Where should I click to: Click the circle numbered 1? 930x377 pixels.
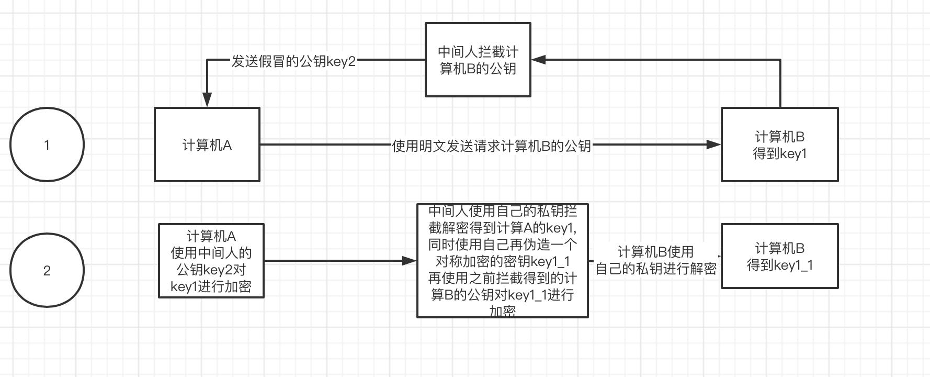pyautogui.click(x=47, y=145)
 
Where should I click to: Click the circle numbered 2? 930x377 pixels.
pyautogui.click(x=47, y=270)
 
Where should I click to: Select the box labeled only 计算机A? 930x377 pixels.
pyautogui.click(x=207, y=145)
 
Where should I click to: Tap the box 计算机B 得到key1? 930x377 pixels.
pyautogui.click(x=779, y=145)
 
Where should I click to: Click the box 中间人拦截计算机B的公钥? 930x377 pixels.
pyautogui.click(x=478, y=60)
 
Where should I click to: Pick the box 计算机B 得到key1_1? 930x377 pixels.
pyautogui.click(x=779, y=256)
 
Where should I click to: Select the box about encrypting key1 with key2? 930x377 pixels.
pyautogui.click(x=211, y=261)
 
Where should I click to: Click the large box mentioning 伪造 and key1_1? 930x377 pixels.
pyautogui.click(x=502, y=261)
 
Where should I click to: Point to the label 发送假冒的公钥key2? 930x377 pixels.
pyautogui.click(x=293, y=61)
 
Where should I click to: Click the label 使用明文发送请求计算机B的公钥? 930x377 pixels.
pyautogui.click(x=491, y=146)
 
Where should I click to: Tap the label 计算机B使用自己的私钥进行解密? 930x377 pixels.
pyautogui.click(x=655, y=260)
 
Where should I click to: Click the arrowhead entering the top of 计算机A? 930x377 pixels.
pyautogui.click(x=207, y=99)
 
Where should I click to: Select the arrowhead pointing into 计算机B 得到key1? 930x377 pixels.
pyautogui.click(x=714, y=145)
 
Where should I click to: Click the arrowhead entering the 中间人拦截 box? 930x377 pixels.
pyautogui.click(x=539, y=60)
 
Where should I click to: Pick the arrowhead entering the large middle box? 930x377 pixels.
pyautogui.click(x=409, y=260)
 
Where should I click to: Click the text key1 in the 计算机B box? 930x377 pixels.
pyautogui.click(x=793, y=153)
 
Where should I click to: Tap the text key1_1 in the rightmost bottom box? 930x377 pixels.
pyautogui.click(x=793, y=265)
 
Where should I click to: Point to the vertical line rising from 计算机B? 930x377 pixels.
pyautogui.click(x=780, y=84)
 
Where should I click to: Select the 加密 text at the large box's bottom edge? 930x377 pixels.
pyautogui.click(x=502, y=312)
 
